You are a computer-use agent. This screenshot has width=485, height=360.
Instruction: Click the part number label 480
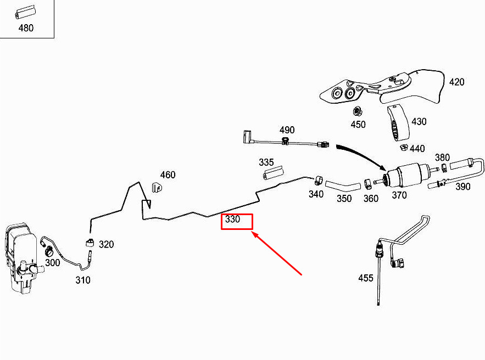click(x=26, y=28)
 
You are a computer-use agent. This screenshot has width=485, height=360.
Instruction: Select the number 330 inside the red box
click(x=233, y=220)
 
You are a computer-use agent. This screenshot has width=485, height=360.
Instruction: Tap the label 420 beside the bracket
click(x=456, y=82)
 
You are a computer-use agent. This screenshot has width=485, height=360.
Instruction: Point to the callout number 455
click(x=366, y=278)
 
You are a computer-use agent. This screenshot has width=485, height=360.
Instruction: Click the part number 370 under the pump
click(x=399, y=195)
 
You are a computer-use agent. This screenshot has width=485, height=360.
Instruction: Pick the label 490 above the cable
click(x=287, y=130)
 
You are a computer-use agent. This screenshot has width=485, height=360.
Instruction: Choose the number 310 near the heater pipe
click(x=83, y=280)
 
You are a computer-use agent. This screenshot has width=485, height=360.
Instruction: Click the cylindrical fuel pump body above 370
click(x=405, y=176)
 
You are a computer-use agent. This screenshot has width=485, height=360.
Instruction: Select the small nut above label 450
click(x=358, y=111)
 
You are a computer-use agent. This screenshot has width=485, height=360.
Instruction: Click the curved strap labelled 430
click(x=398, y=124)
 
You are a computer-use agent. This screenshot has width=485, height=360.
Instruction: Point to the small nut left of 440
click(x=403, y=148)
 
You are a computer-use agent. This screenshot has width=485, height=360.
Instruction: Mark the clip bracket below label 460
click(x=158, y=188)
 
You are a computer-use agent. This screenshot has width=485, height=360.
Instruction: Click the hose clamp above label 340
click(x=317, y=179)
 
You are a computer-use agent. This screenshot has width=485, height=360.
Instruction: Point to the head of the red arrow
click(x=253, y=233)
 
